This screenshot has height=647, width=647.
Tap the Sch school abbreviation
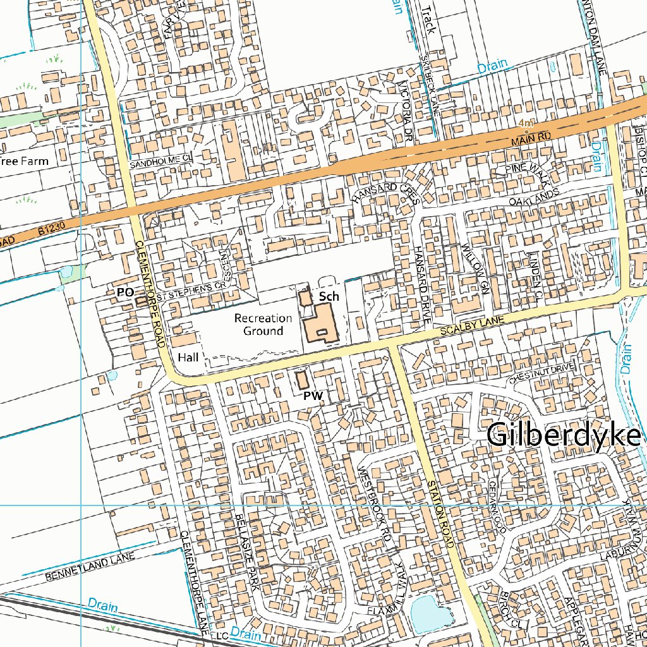click(x=329, y=296)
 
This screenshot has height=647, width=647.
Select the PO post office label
click(x=125, y=292)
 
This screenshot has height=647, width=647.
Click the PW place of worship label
click(x=313, y=396)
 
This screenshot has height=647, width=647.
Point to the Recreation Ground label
click(x=263, y=324)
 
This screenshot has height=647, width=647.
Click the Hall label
click(x=188, y=358)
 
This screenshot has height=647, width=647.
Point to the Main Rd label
click(x=531, y=136)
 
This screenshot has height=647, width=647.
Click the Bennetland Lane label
click(x=90, y=567)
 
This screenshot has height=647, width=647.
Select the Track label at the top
click(x=428, y=20)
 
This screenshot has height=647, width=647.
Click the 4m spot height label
click(x=525, y=122)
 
